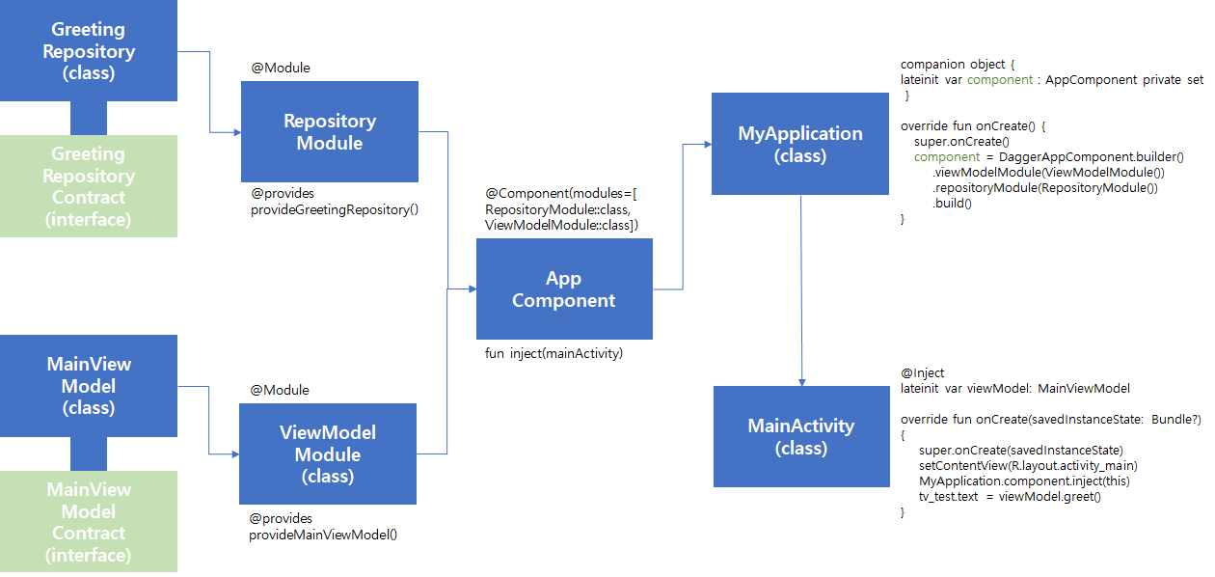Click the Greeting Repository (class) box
point(89,50)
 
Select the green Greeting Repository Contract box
point(89,186)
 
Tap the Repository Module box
point(329,132)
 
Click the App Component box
point(564,289)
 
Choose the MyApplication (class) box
point(800,144)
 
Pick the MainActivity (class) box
point(801,436)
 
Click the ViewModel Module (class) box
point(328,453)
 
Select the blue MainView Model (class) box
point(89,385)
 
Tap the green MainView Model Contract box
point(89,522)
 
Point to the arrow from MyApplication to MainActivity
point(801,289)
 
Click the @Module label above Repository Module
point(281,69)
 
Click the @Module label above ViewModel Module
point(281,390)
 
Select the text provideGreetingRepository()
point(334,208)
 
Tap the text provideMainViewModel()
point(323,534)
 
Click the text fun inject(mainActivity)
point(553,353)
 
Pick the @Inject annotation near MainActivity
point(922,372)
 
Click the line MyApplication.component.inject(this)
point(1024,481)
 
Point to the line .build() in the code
point(952,204)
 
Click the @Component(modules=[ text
point(559,194)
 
